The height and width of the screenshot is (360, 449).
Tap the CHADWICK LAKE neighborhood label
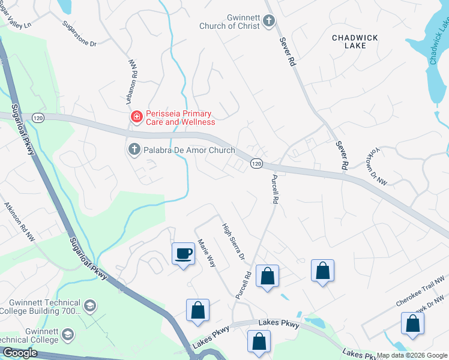point(355,43)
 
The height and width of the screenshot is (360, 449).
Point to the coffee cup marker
point(183,254)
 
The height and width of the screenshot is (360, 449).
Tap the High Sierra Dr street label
point(234,242)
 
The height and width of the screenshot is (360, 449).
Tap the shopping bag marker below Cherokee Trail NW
point(413,323)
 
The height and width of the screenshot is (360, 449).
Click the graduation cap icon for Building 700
point(90,306)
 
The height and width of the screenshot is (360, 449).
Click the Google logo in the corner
point(19,353)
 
